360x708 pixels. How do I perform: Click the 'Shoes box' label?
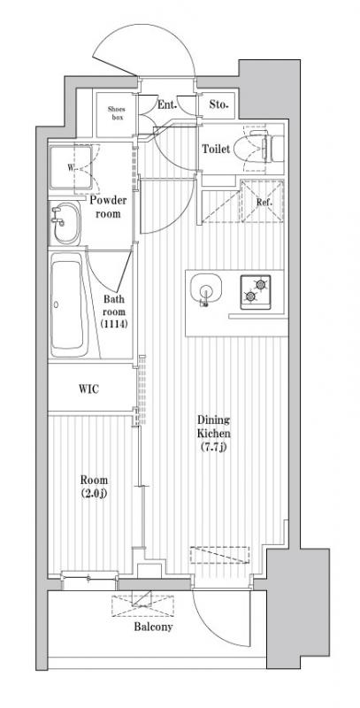coord(116,113)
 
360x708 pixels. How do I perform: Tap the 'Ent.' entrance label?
coord(166,104)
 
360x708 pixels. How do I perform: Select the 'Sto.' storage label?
coord(219,104)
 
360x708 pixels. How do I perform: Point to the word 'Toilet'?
coord(216,149)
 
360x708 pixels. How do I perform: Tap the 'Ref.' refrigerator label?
coord(264,203)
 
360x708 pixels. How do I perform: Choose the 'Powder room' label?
coord(108,206)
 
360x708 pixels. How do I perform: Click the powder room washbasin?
coord(65,223)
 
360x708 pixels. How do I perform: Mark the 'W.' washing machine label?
coord(71,168)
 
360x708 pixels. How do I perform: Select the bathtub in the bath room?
coord(68,305)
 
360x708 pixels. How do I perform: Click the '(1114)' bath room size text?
coord(114,324)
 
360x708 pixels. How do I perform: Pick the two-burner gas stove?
coord(256,292)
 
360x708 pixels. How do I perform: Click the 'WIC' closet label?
coord(88,389)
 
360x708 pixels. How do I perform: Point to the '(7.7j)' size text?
coord(214,448)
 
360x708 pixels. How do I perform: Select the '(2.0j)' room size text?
coord(95,493)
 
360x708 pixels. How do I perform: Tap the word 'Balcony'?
coord(153,627)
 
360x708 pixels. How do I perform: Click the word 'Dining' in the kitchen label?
coord(213,419)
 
